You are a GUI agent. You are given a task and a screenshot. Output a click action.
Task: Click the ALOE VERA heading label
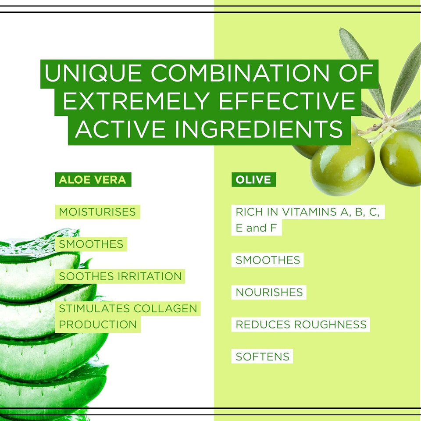(x=93, y=180)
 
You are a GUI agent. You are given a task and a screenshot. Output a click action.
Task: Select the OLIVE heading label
(x=253, y=180)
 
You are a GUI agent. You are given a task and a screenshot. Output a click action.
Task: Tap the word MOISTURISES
(x=97, y=212)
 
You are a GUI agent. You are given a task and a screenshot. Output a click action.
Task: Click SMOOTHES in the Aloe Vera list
(x=91, y=244)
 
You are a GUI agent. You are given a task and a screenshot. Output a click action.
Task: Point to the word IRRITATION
(x=152, y=276)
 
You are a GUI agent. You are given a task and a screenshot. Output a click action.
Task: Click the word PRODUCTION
(x=98, y=325)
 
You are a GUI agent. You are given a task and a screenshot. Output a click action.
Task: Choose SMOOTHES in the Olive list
(x=268, y=260)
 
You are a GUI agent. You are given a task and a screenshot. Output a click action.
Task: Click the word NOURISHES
(x=269, y=292)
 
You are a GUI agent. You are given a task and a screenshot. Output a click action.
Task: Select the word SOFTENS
(x=262, y=357)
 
